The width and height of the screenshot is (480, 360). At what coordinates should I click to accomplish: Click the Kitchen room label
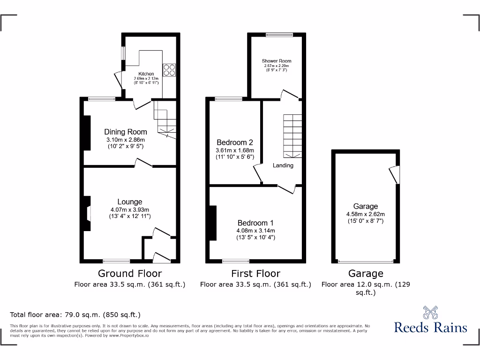click(x=146, y=74)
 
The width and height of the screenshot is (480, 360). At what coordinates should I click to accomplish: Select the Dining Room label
click(x=125, y=132)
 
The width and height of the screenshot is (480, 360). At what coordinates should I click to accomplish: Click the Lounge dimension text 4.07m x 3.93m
click(x=130, y=210)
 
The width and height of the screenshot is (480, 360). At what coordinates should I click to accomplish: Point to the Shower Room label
click(x=276, y=61)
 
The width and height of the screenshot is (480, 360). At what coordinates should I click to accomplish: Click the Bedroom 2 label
click(x=234, y=142)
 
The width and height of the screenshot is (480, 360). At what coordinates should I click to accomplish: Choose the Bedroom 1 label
click(x=255, y=223)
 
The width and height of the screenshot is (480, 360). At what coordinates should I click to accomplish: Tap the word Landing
click(x=283, y=165)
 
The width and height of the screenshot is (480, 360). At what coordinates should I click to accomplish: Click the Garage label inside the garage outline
click(x=366, y=206)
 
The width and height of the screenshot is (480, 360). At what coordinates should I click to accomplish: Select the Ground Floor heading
click(x=130, y=273)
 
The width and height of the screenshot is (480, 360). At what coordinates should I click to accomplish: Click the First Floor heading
click(x=255, y=273)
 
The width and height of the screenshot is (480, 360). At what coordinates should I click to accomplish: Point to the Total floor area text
click(x=75, y=315)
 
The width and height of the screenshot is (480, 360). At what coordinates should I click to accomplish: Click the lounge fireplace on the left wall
click(x=87, y=213)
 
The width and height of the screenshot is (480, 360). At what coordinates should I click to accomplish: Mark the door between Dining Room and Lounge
click(x=143, y=164)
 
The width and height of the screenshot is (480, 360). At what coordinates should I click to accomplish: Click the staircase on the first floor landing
click(x=292, y=136)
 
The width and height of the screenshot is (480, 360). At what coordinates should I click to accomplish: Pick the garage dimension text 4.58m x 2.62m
click(x=366, y=214)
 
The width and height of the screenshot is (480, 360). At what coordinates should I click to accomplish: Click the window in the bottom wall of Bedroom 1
click(x=236, y=261)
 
